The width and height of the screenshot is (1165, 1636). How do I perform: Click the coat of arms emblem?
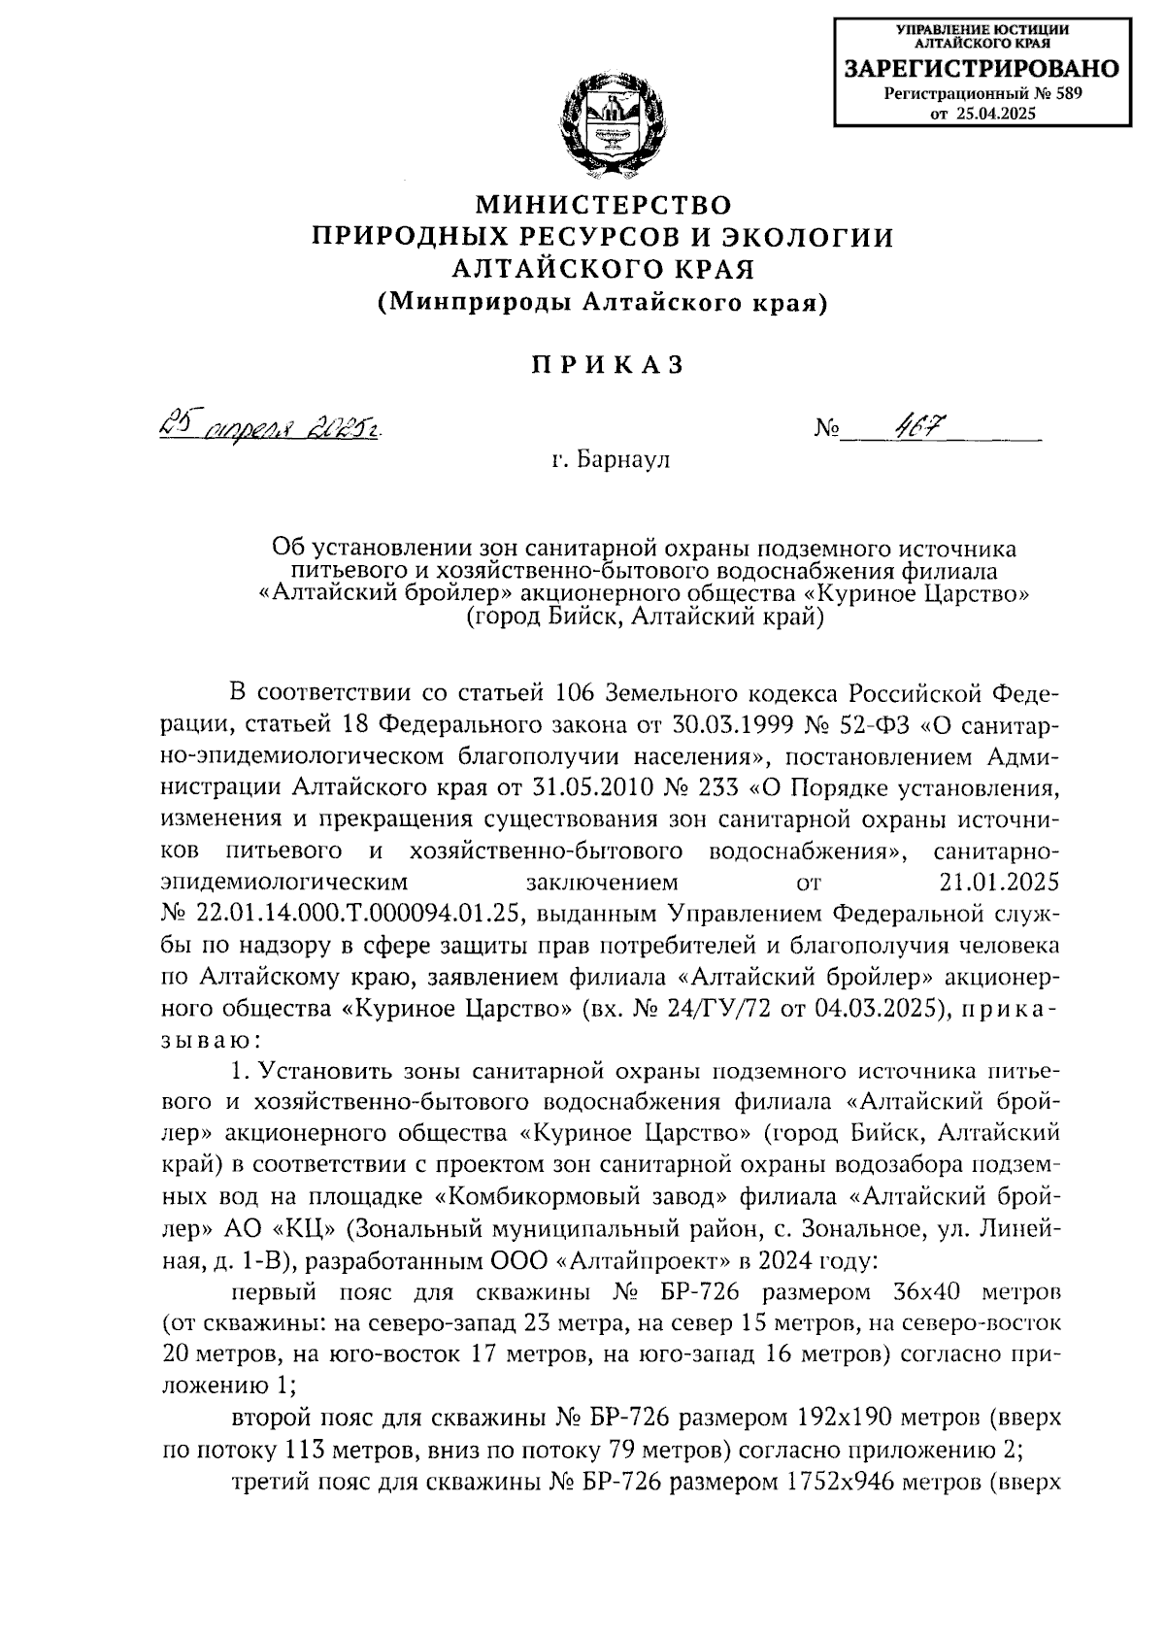602,129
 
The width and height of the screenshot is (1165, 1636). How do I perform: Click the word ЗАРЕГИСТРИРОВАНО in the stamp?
981,69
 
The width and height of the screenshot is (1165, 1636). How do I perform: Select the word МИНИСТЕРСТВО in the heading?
602,205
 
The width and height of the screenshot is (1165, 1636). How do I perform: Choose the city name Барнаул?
622,459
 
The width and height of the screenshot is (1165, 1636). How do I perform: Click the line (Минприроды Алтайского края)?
602,302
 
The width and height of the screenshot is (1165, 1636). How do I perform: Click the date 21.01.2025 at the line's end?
999,883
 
